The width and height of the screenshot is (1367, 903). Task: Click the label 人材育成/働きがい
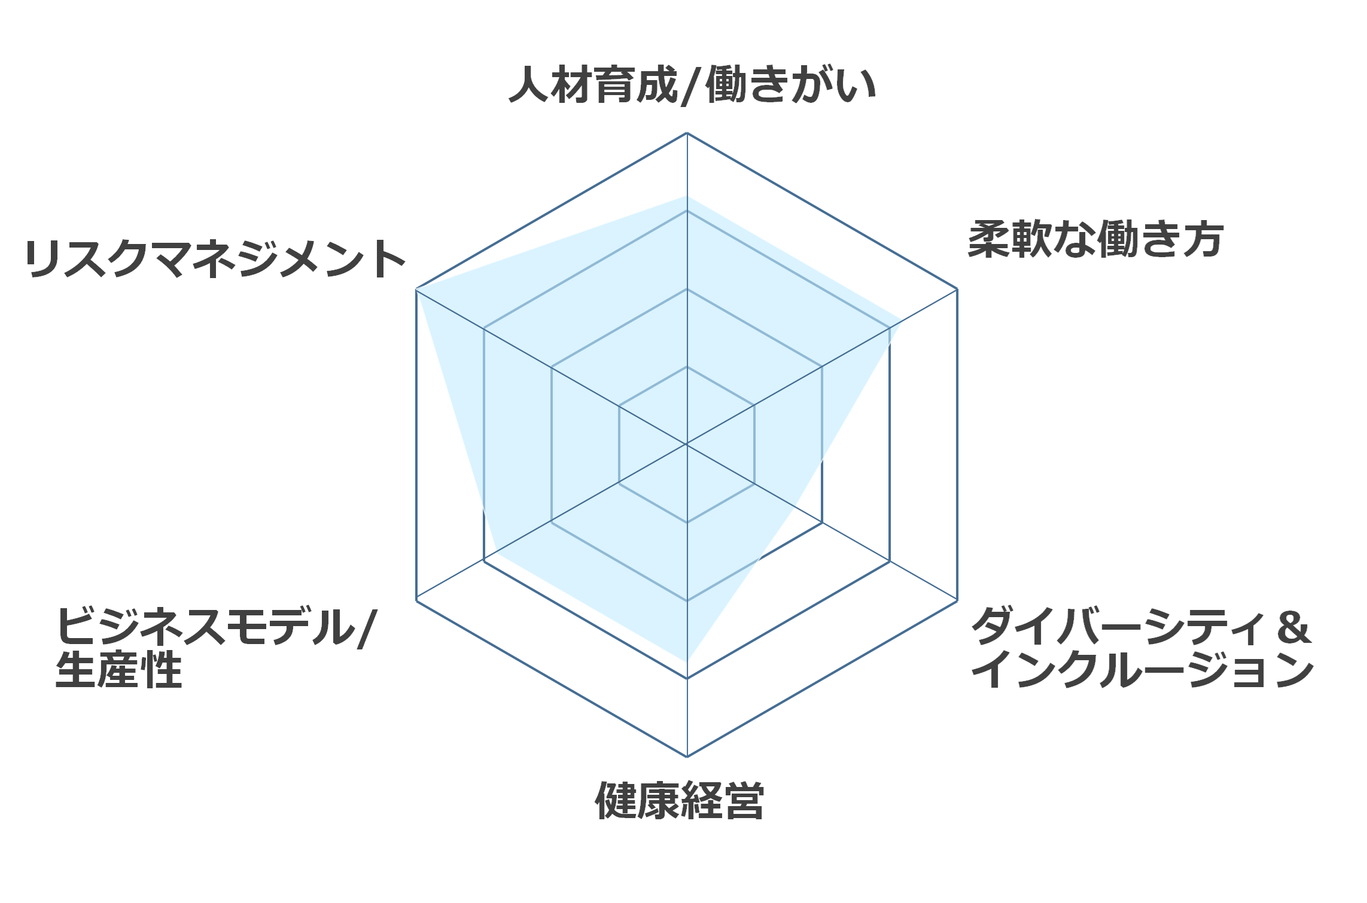[692, 86]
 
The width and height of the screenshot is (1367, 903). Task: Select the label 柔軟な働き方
[1096, 239]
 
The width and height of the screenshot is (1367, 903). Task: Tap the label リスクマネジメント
[215, 259]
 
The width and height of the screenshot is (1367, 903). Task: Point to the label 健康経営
[680, 800]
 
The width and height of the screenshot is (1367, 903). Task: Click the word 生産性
[118, 670]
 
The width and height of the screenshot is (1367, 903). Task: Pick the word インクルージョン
[1143, 670]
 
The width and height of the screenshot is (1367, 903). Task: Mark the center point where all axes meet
[687, 444]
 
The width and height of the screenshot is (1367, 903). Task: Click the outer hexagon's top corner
[687, 133]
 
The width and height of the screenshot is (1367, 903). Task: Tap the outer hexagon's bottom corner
[687, 756]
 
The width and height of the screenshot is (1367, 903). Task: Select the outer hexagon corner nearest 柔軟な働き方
[957, 289]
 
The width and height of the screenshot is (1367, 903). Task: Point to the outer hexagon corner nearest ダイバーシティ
[957, 600]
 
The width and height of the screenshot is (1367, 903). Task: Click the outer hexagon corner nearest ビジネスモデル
[416, 600]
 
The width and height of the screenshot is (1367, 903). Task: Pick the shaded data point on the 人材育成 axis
[687, 196]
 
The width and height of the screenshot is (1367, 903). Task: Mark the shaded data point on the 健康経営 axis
[687, 662]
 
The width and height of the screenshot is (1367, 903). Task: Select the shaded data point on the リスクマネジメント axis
[416, 289]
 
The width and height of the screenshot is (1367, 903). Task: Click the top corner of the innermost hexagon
[687, 367]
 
